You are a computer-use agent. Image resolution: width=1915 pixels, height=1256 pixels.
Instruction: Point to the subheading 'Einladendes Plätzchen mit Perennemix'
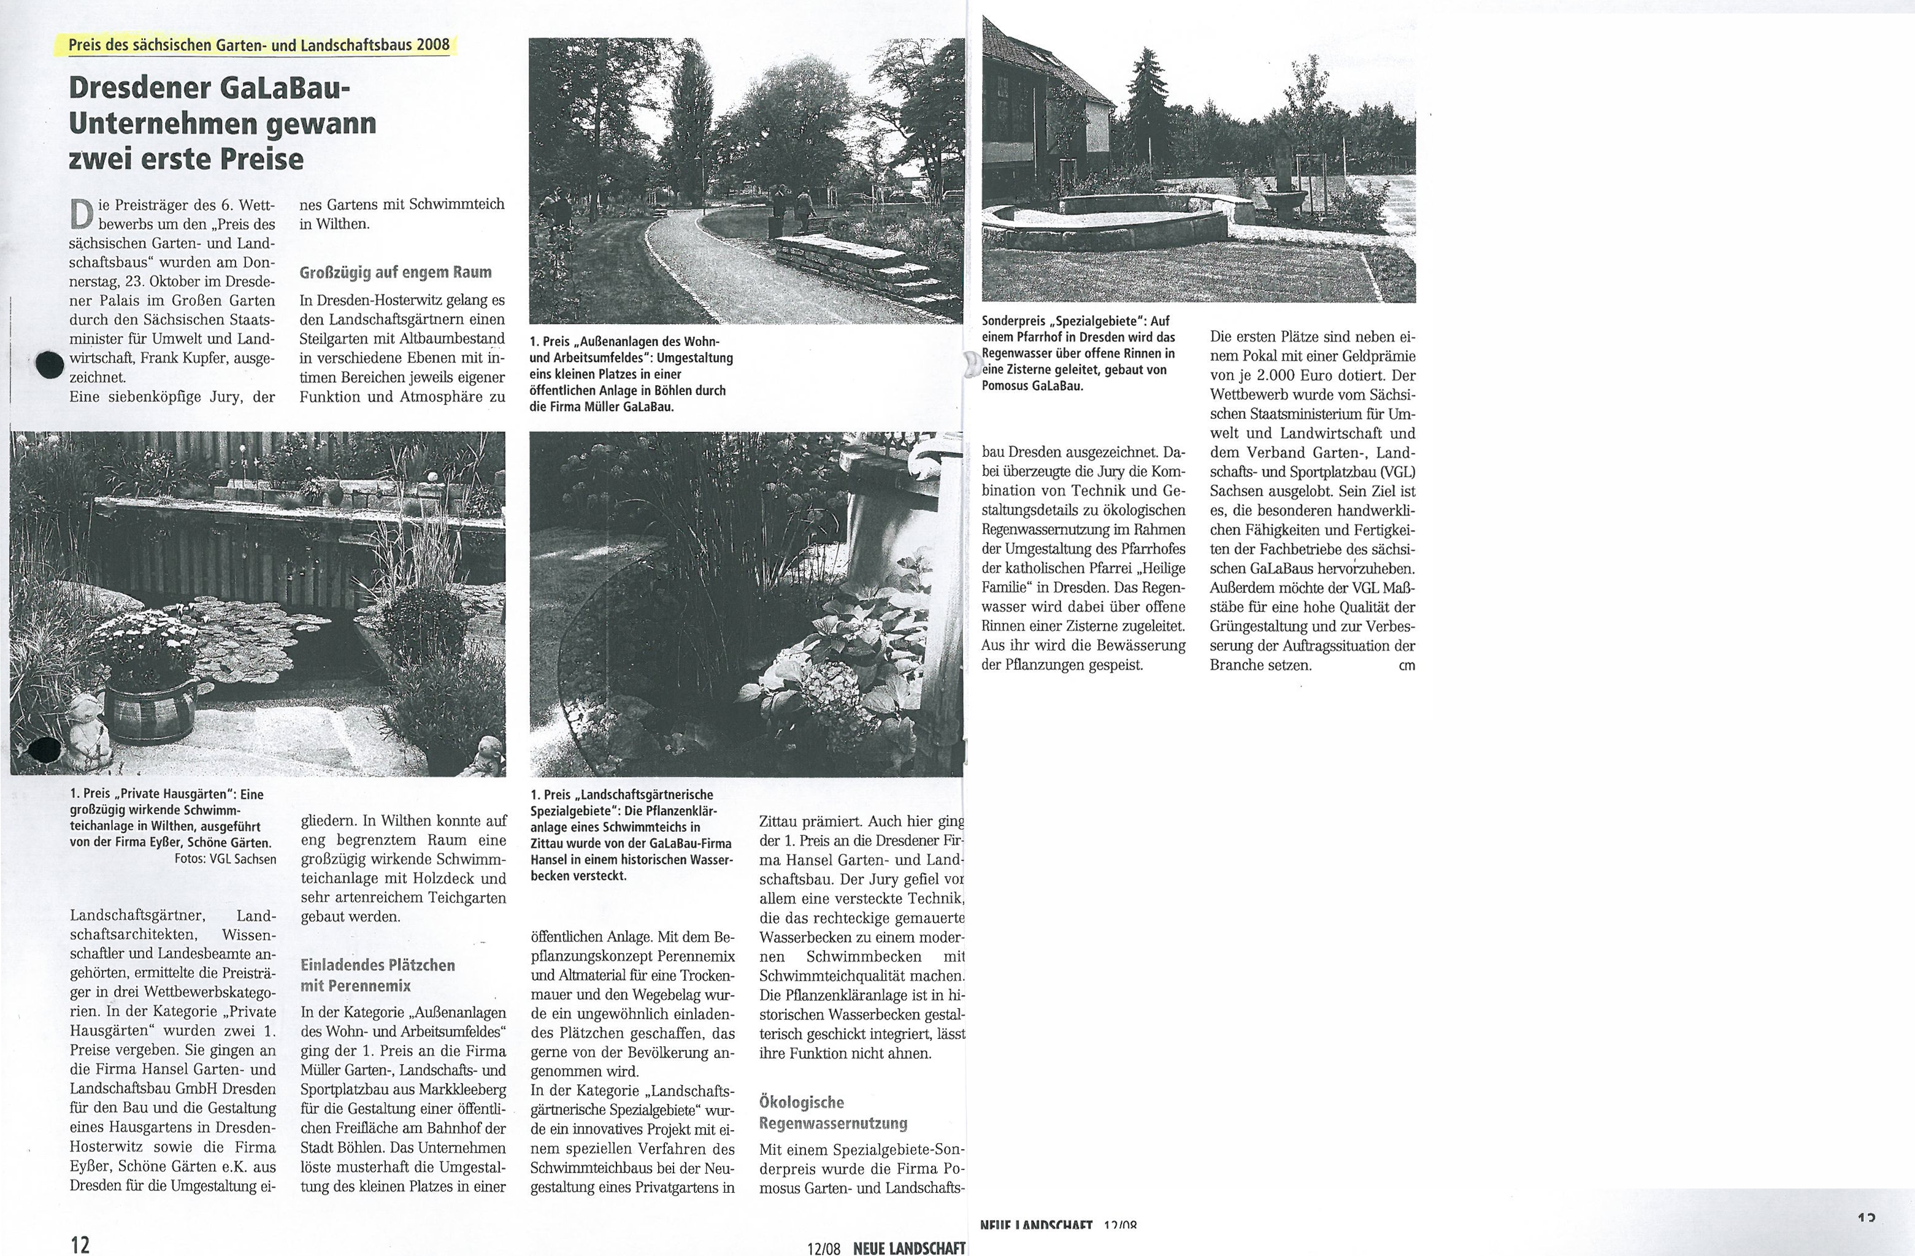point(378,975)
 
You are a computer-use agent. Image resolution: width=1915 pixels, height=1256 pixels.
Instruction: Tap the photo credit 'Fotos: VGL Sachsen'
point(225,859)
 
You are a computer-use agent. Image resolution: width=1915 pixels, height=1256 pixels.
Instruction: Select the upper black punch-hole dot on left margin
point(50,364)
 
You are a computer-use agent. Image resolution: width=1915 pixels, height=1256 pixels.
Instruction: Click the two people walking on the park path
point(792,210)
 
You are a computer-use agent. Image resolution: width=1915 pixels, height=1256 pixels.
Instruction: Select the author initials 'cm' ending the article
point(1407,665)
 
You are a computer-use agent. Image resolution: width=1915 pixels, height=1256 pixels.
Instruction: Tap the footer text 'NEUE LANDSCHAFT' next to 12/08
point(908,1248)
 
